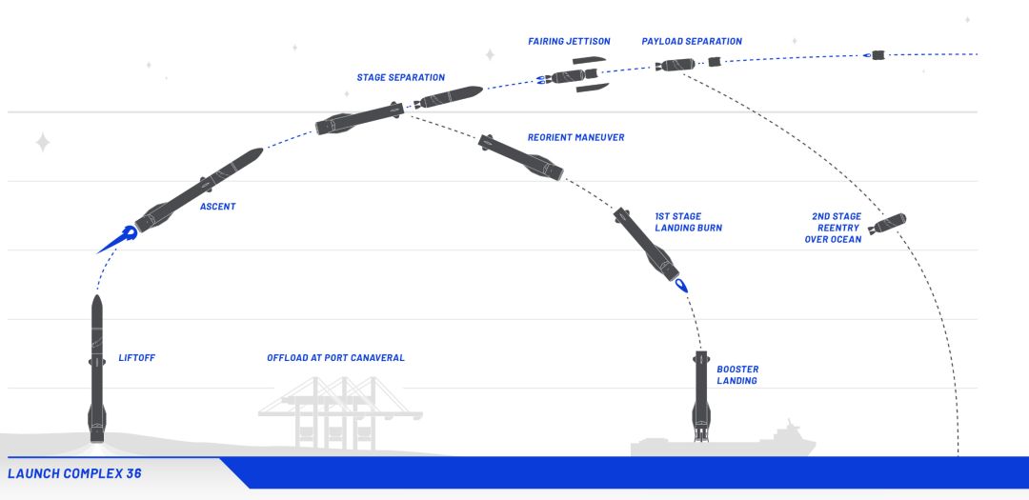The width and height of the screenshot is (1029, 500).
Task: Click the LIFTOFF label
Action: click(136, 358)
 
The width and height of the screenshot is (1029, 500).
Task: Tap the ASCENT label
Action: click(217, 207)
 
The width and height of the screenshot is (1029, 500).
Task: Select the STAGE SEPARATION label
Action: click(400, 78)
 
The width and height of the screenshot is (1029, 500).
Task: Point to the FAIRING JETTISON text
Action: click(569, 42)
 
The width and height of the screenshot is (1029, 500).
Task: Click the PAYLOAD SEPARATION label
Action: click(692, 42)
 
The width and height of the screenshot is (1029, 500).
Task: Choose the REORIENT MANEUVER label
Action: click(575, 138)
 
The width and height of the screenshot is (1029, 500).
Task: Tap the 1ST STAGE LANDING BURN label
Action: click(688, 223)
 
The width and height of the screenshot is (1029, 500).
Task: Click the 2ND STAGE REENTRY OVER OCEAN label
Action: click(836, 228)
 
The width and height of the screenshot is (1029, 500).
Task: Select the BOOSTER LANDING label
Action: click(737, 374)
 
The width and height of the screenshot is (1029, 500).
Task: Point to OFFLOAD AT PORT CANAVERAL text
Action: click(335, 358)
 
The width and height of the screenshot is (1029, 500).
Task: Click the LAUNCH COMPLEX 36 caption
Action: click(74, 473)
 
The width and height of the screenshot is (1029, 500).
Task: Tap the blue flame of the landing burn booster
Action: click(681, 285)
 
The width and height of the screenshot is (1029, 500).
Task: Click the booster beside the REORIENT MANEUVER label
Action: click(522, 157)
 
